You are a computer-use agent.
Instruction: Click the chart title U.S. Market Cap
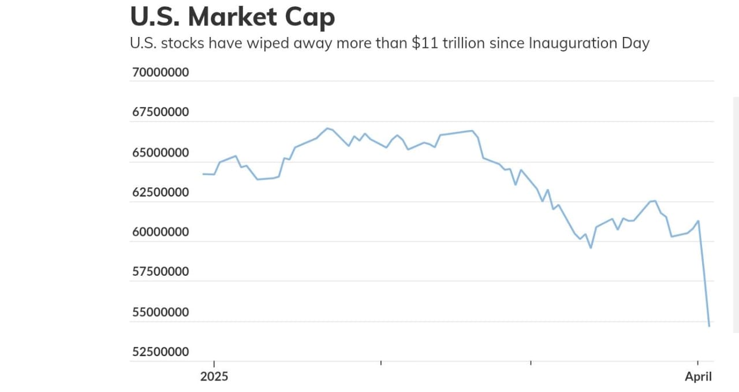coord(232,17)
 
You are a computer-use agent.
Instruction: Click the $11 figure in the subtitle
coord(424,43)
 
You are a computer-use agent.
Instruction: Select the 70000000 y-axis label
coord(161,73)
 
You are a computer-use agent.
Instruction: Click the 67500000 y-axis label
coord(161,112)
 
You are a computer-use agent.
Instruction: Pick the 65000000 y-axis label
coord(161,153)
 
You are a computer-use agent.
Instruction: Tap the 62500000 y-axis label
coord(161,192)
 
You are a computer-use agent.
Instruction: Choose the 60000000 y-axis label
coord(161,232)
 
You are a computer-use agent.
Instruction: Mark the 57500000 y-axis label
coord(161,271)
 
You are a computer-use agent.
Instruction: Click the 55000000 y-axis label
coord(161,312)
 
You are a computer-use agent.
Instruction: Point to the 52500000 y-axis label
coord(161,352)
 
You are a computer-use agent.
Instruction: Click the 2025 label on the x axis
coord(214,377)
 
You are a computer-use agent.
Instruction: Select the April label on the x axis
coord(699,377)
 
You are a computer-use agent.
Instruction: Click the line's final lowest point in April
coord(709,326)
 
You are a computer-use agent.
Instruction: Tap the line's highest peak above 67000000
coord(327,128)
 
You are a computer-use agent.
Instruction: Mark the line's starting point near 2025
coord(203,174)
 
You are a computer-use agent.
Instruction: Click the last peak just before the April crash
coord(699,221)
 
